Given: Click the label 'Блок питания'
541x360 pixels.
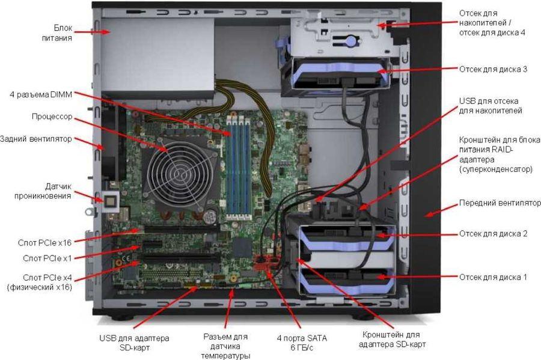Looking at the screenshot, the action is click(x=57, y=33).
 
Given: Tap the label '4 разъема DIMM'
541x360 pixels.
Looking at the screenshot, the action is click(x=41, y=94).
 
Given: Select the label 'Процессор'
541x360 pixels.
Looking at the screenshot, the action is click(x=52, y=117).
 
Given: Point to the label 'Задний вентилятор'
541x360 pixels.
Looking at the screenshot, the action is click(x=36, y=139).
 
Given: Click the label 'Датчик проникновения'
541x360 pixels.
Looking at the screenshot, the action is click(x=43, y=191).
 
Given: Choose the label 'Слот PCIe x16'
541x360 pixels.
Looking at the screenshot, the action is click(x=44, y=243).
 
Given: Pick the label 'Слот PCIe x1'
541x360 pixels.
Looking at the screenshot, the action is click(x=47, y=258).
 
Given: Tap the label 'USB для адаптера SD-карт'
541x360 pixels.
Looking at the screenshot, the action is click(x=134, y=343).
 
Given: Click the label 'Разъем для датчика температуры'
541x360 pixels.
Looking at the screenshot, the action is click(x=225, y=346).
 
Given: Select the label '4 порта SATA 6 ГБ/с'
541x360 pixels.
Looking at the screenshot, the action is click(x=302, y=343).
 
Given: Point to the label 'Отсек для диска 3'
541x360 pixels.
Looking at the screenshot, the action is click(x=493, y=69).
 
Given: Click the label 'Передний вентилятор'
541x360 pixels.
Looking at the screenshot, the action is click(x=500, y=203).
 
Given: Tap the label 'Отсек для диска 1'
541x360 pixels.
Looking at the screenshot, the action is click(x=493, y=277).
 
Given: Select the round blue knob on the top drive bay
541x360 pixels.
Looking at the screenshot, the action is click(x=351, y=41).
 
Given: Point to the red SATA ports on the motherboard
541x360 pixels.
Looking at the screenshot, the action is click(x=266, y=263).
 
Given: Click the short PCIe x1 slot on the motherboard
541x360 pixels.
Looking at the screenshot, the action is click(x=152, y=244).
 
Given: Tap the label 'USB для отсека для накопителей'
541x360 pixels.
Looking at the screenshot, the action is click(x=490, y=106).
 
